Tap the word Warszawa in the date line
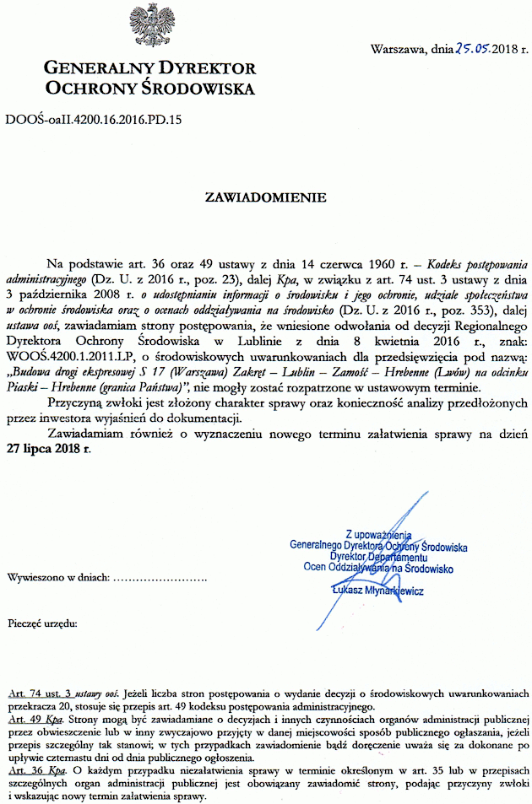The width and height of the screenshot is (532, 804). click(400, 49)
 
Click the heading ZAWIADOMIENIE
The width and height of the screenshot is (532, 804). click(266, 199)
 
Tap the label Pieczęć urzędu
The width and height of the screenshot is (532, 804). click(42, 624)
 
